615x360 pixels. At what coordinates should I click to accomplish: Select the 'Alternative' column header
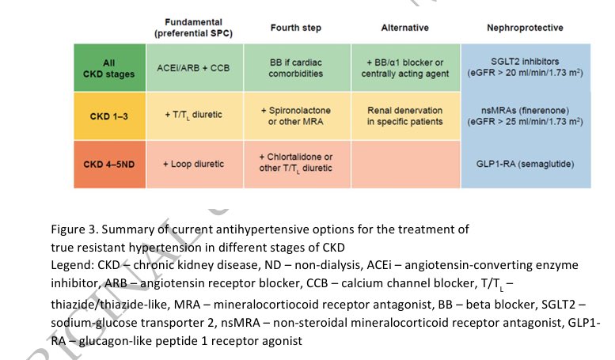[x=404, y=28]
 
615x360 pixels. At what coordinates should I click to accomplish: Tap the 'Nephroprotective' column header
[x=526, y=28]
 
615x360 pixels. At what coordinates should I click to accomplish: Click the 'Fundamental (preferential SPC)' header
[x=193, y=28]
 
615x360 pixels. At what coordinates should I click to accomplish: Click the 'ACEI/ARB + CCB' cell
[x=194, y=66]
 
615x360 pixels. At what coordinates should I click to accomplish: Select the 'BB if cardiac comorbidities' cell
[x=295, y=66]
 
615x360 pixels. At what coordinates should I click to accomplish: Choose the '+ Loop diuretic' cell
[x=194, y=165]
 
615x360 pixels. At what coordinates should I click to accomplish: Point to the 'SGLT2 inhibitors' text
[x=526, y=62]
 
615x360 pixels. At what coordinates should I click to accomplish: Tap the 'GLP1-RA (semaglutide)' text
[x=526, y=165]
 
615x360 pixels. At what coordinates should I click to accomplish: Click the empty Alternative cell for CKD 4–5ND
[x=404, y=165]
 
